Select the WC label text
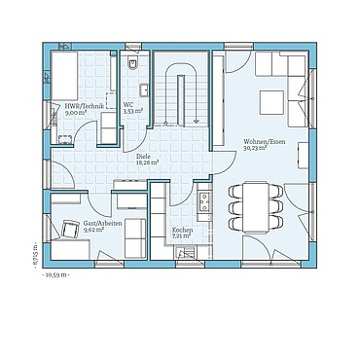coord(128,105)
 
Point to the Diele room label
coord(143,156)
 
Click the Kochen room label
coord(183,230)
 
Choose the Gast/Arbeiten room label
coord(102,223)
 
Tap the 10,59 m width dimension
coord(56,274)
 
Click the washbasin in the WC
coord(143,90)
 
